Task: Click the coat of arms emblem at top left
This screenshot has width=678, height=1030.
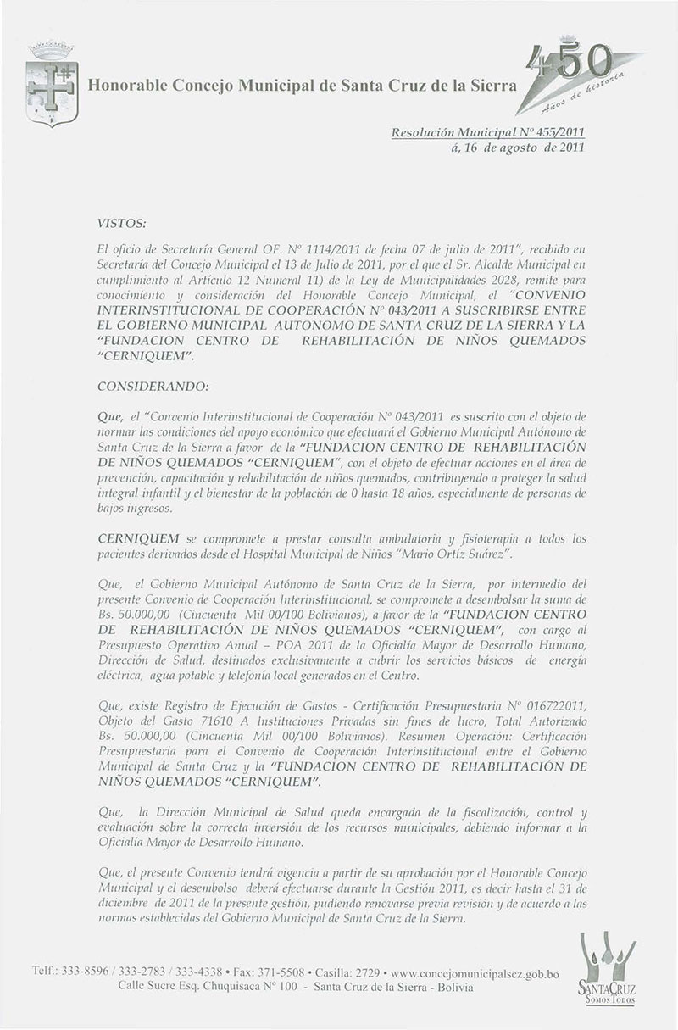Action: point(53,84)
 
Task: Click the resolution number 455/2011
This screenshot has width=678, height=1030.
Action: point(559,133)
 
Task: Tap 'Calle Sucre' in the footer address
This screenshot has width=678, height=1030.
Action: point(125,988)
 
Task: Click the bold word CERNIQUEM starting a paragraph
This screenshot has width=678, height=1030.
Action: point(138,539)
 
